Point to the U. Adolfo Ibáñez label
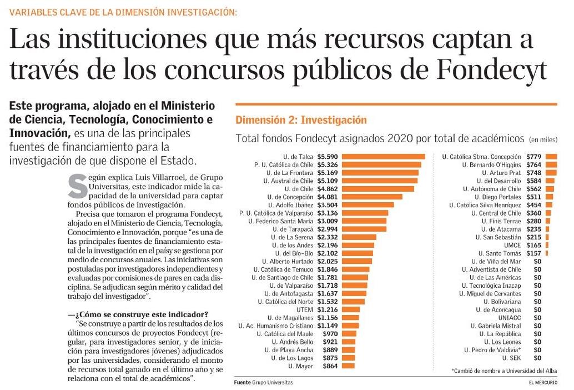pos(288,205)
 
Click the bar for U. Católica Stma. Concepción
pos(551,157)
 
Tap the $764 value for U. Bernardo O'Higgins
pos(533,165)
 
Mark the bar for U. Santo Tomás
pos(547,253)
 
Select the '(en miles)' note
pos(543,139)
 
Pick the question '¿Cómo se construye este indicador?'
pos(138,315)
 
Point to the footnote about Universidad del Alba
pos(503,371)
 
